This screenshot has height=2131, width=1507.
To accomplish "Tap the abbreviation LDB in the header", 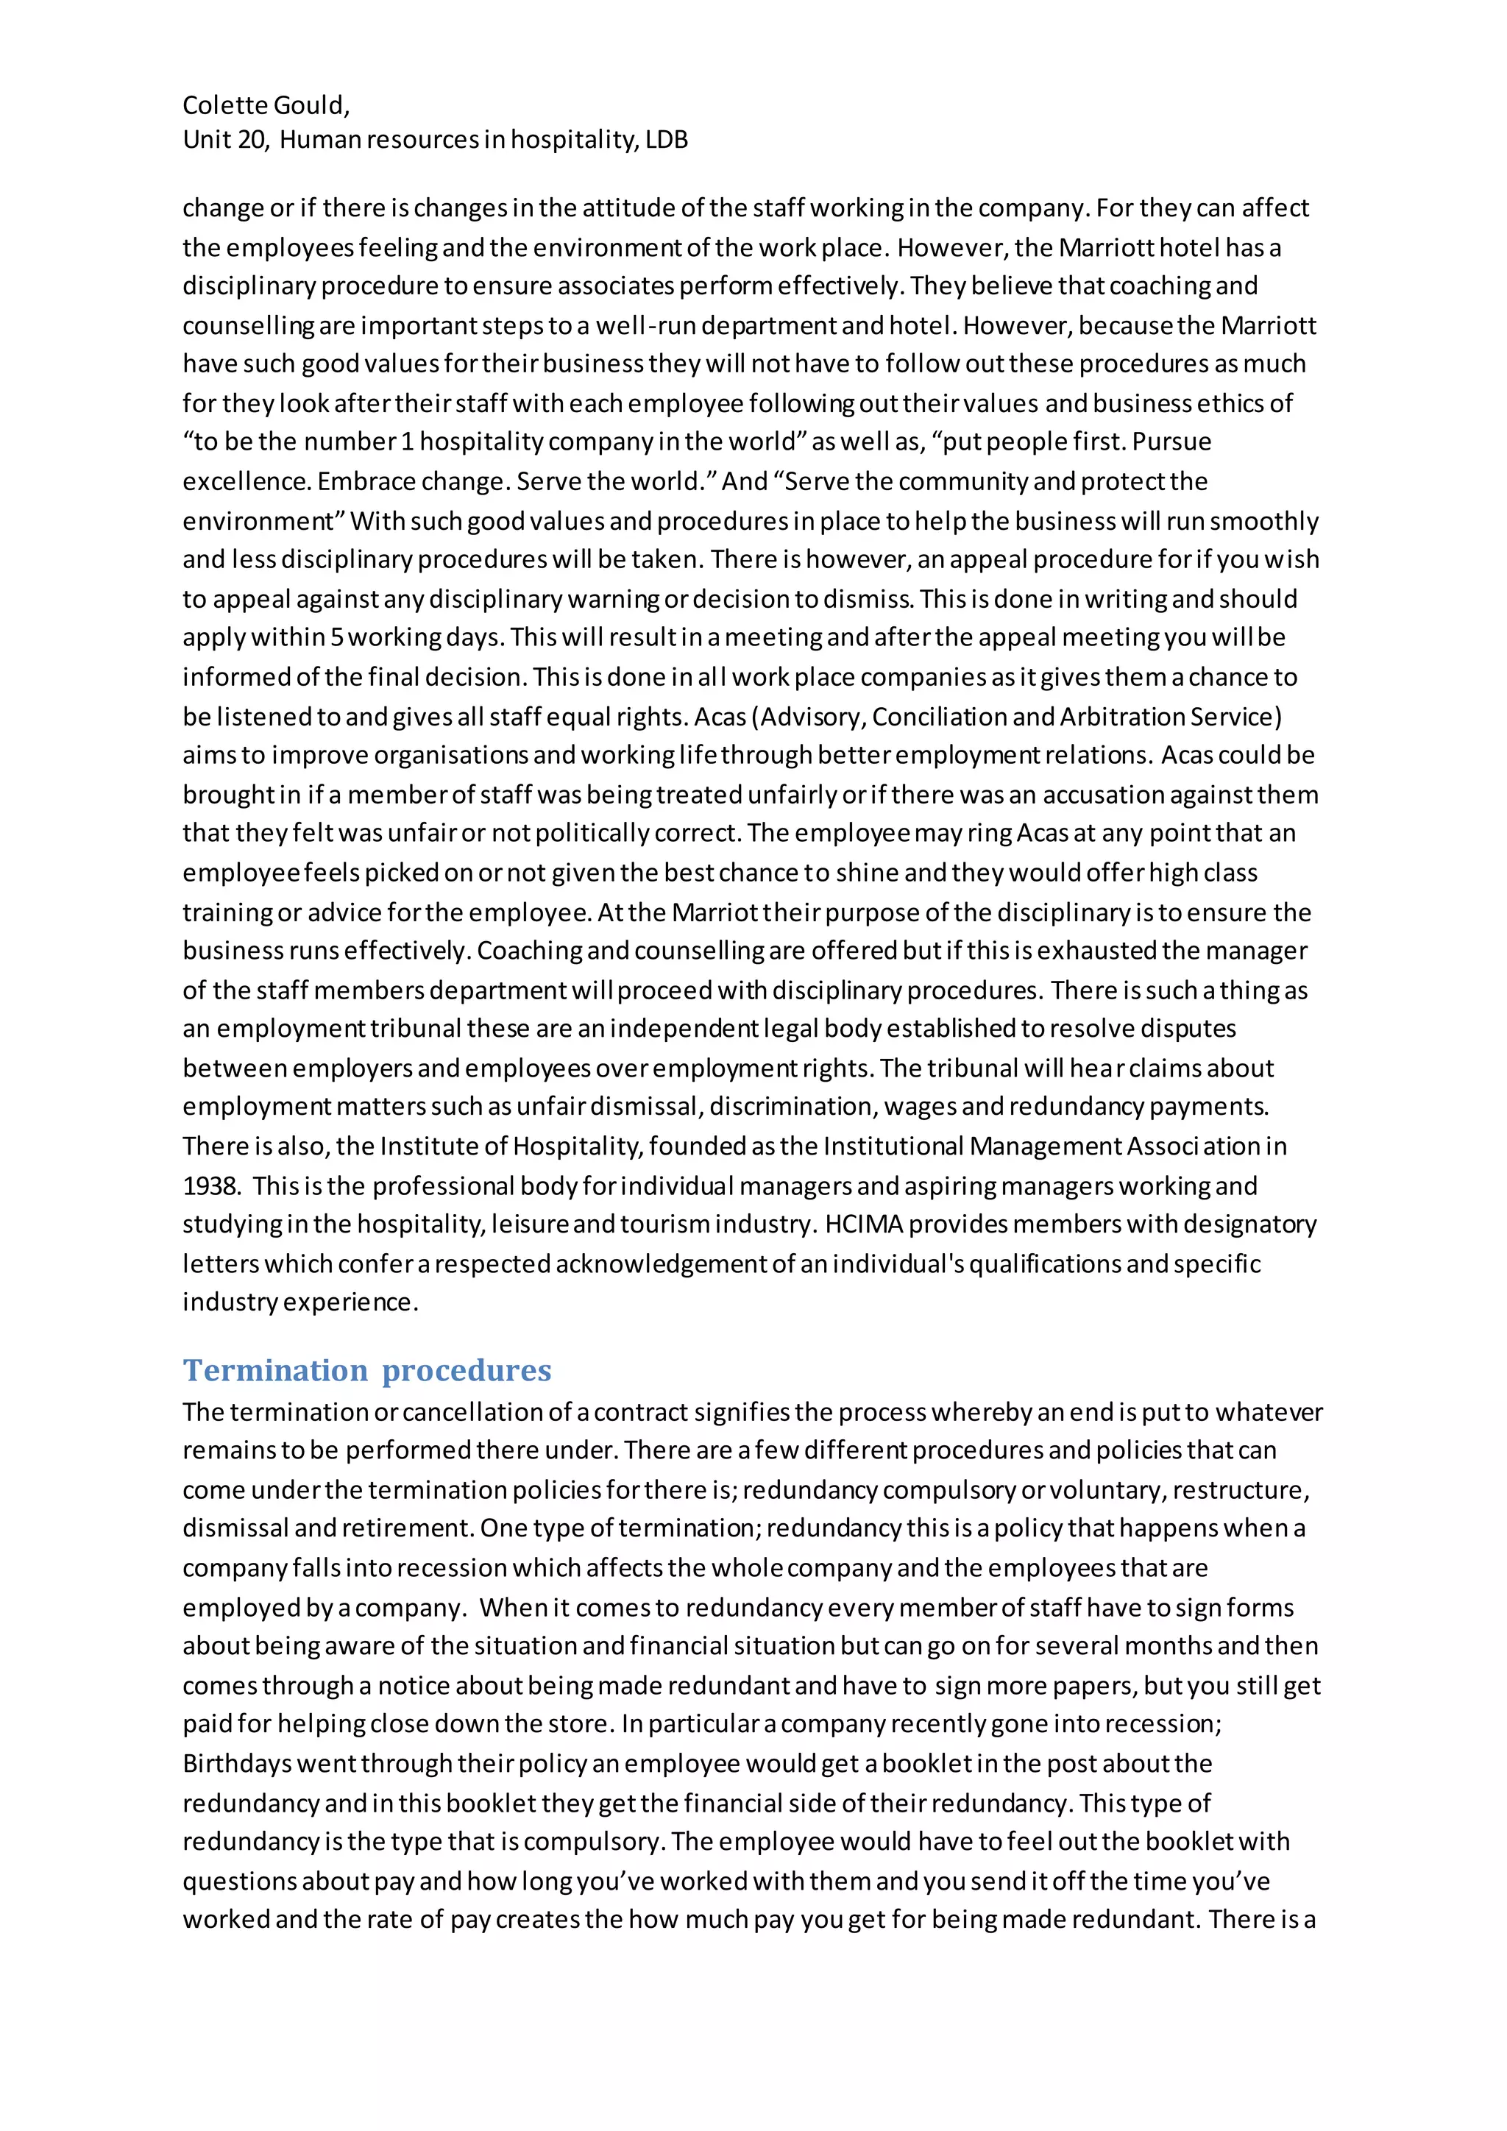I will (667, 140).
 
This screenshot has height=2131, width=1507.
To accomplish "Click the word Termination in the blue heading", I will (276, 1370).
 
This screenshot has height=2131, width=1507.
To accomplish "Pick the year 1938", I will (210, 1185).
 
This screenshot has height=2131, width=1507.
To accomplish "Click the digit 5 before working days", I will (337, 638).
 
